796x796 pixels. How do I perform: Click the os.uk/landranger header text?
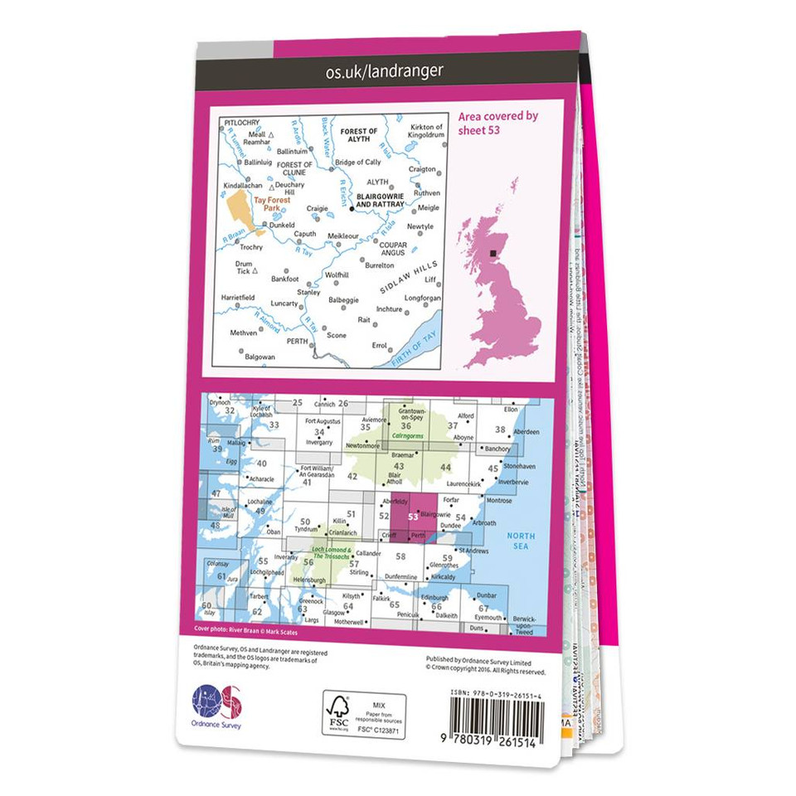[384, 71]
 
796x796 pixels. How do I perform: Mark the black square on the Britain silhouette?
[494, 254]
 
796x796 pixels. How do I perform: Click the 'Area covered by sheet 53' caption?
[498, 123]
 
